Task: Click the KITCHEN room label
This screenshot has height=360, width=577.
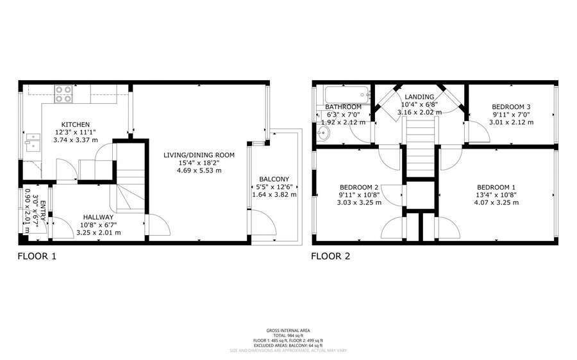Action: (x=75, y=124)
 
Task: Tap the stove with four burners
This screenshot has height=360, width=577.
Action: (x=63, y=94)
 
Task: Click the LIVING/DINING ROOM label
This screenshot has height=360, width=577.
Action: (x=199, y=154)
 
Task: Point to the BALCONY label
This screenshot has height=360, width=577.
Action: (x=274, y=179)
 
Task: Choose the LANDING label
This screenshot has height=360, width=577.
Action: (x=419, y=97)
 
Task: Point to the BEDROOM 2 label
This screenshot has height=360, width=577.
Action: (x=360, y=187)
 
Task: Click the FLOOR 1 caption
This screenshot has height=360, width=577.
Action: (x=37, y=257)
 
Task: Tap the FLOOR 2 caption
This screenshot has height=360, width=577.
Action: (x=331, y=257)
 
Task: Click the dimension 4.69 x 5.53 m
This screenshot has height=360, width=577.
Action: (x=200, y=171)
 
